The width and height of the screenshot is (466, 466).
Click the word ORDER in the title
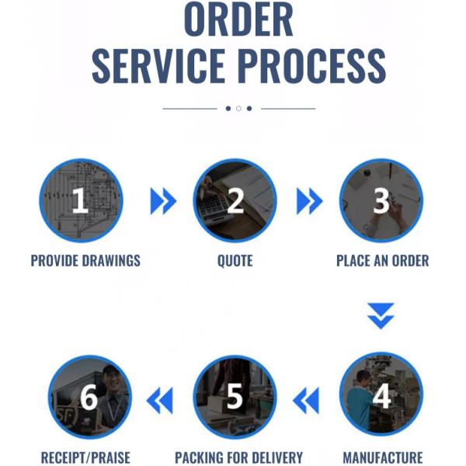[238, 19]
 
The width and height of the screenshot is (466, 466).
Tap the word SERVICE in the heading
[158, 66]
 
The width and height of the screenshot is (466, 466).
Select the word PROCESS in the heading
[311, 66]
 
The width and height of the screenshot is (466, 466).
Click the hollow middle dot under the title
[238, 109]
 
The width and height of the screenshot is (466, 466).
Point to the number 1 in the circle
[80, 200]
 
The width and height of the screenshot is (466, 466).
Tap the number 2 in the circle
[235, 200]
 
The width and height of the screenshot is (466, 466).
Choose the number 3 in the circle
[381, 200]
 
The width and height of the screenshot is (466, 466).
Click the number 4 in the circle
[382, 396]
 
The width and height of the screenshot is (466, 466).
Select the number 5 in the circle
[235, 396]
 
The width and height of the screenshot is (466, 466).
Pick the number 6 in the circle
[89, 397]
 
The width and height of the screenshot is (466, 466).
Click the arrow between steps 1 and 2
[163, 201]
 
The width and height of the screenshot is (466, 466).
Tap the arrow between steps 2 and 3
[310, 201]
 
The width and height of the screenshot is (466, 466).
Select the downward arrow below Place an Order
[381, 316]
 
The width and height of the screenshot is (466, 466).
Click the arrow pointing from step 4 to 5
[306, 400]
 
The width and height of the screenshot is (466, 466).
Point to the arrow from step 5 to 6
[159, 400]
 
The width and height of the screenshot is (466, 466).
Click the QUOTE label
[235, 261]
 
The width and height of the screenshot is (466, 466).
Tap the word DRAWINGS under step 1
[111, 261]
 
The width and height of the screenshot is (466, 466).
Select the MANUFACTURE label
[383, 457]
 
